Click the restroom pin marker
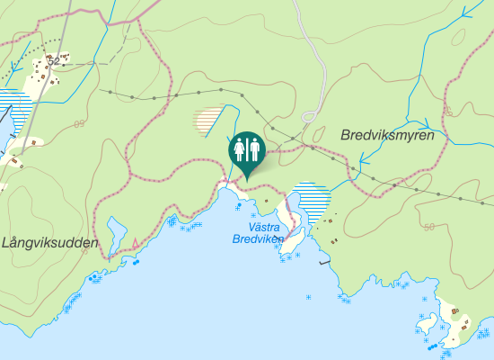247,150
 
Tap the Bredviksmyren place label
387,135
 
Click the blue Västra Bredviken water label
256,234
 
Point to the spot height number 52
55,60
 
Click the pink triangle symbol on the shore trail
136,243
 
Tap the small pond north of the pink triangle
115,232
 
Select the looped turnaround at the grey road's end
311,116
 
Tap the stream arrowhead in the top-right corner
465,13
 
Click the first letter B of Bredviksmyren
346,135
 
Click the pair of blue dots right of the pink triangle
136,262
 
